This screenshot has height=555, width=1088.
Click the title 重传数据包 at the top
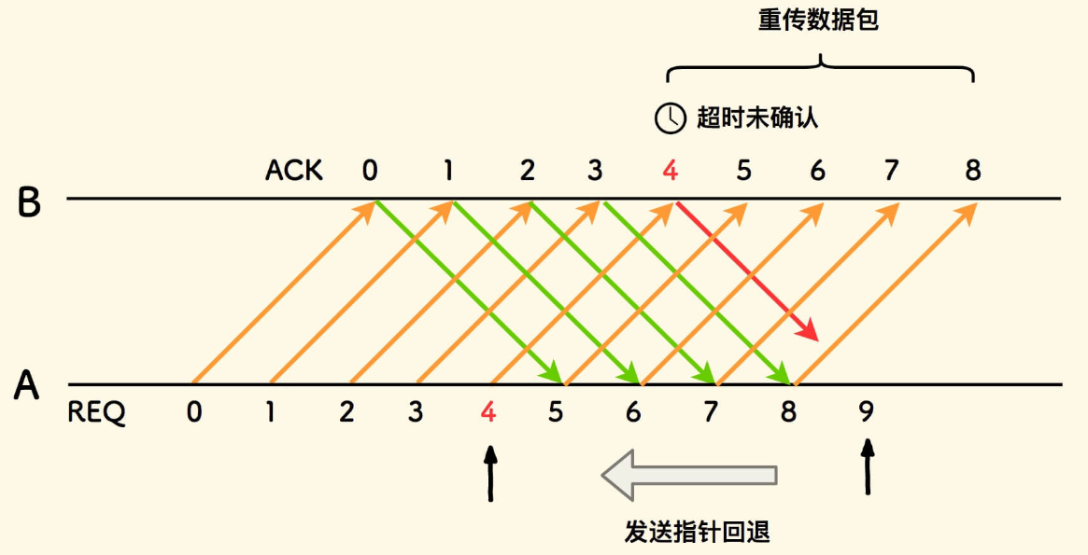[x=819, y=21]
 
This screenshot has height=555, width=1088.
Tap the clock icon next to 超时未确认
[x=669, y=118]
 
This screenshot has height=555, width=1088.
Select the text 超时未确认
[x=757, y=118]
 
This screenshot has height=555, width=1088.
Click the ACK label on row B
[x=294, y=171]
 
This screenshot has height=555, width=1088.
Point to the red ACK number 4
[x=670, y=171]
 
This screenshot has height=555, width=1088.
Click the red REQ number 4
[x=487, y=412]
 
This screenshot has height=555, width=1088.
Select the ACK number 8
[x=973, y=171]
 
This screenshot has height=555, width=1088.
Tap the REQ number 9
[x=866, y=412]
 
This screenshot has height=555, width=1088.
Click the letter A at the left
[x=27, y=385]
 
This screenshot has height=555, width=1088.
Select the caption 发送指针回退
[x=697, y=532]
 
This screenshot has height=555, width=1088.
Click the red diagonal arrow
[x=747, y=271]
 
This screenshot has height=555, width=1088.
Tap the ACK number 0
[x=371, y=171]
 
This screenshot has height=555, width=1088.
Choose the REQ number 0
[x=194, y=412]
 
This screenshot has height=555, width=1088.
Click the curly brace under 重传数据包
[x=820, y=67]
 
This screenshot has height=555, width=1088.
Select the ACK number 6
[x=818, y=171]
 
